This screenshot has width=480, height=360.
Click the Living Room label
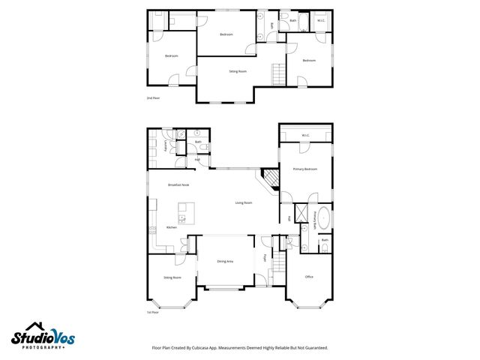244,202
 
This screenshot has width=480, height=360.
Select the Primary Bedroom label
305,169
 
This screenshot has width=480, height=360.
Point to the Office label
308,277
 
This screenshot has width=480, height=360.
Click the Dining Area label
225,261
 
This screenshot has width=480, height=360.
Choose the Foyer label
265,259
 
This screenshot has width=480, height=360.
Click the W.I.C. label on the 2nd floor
320,21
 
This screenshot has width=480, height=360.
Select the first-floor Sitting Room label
172,277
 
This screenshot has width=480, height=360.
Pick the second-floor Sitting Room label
238,71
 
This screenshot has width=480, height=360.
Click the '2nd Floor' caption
153,98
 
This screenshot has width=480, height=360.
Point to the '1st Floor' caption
153,313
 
